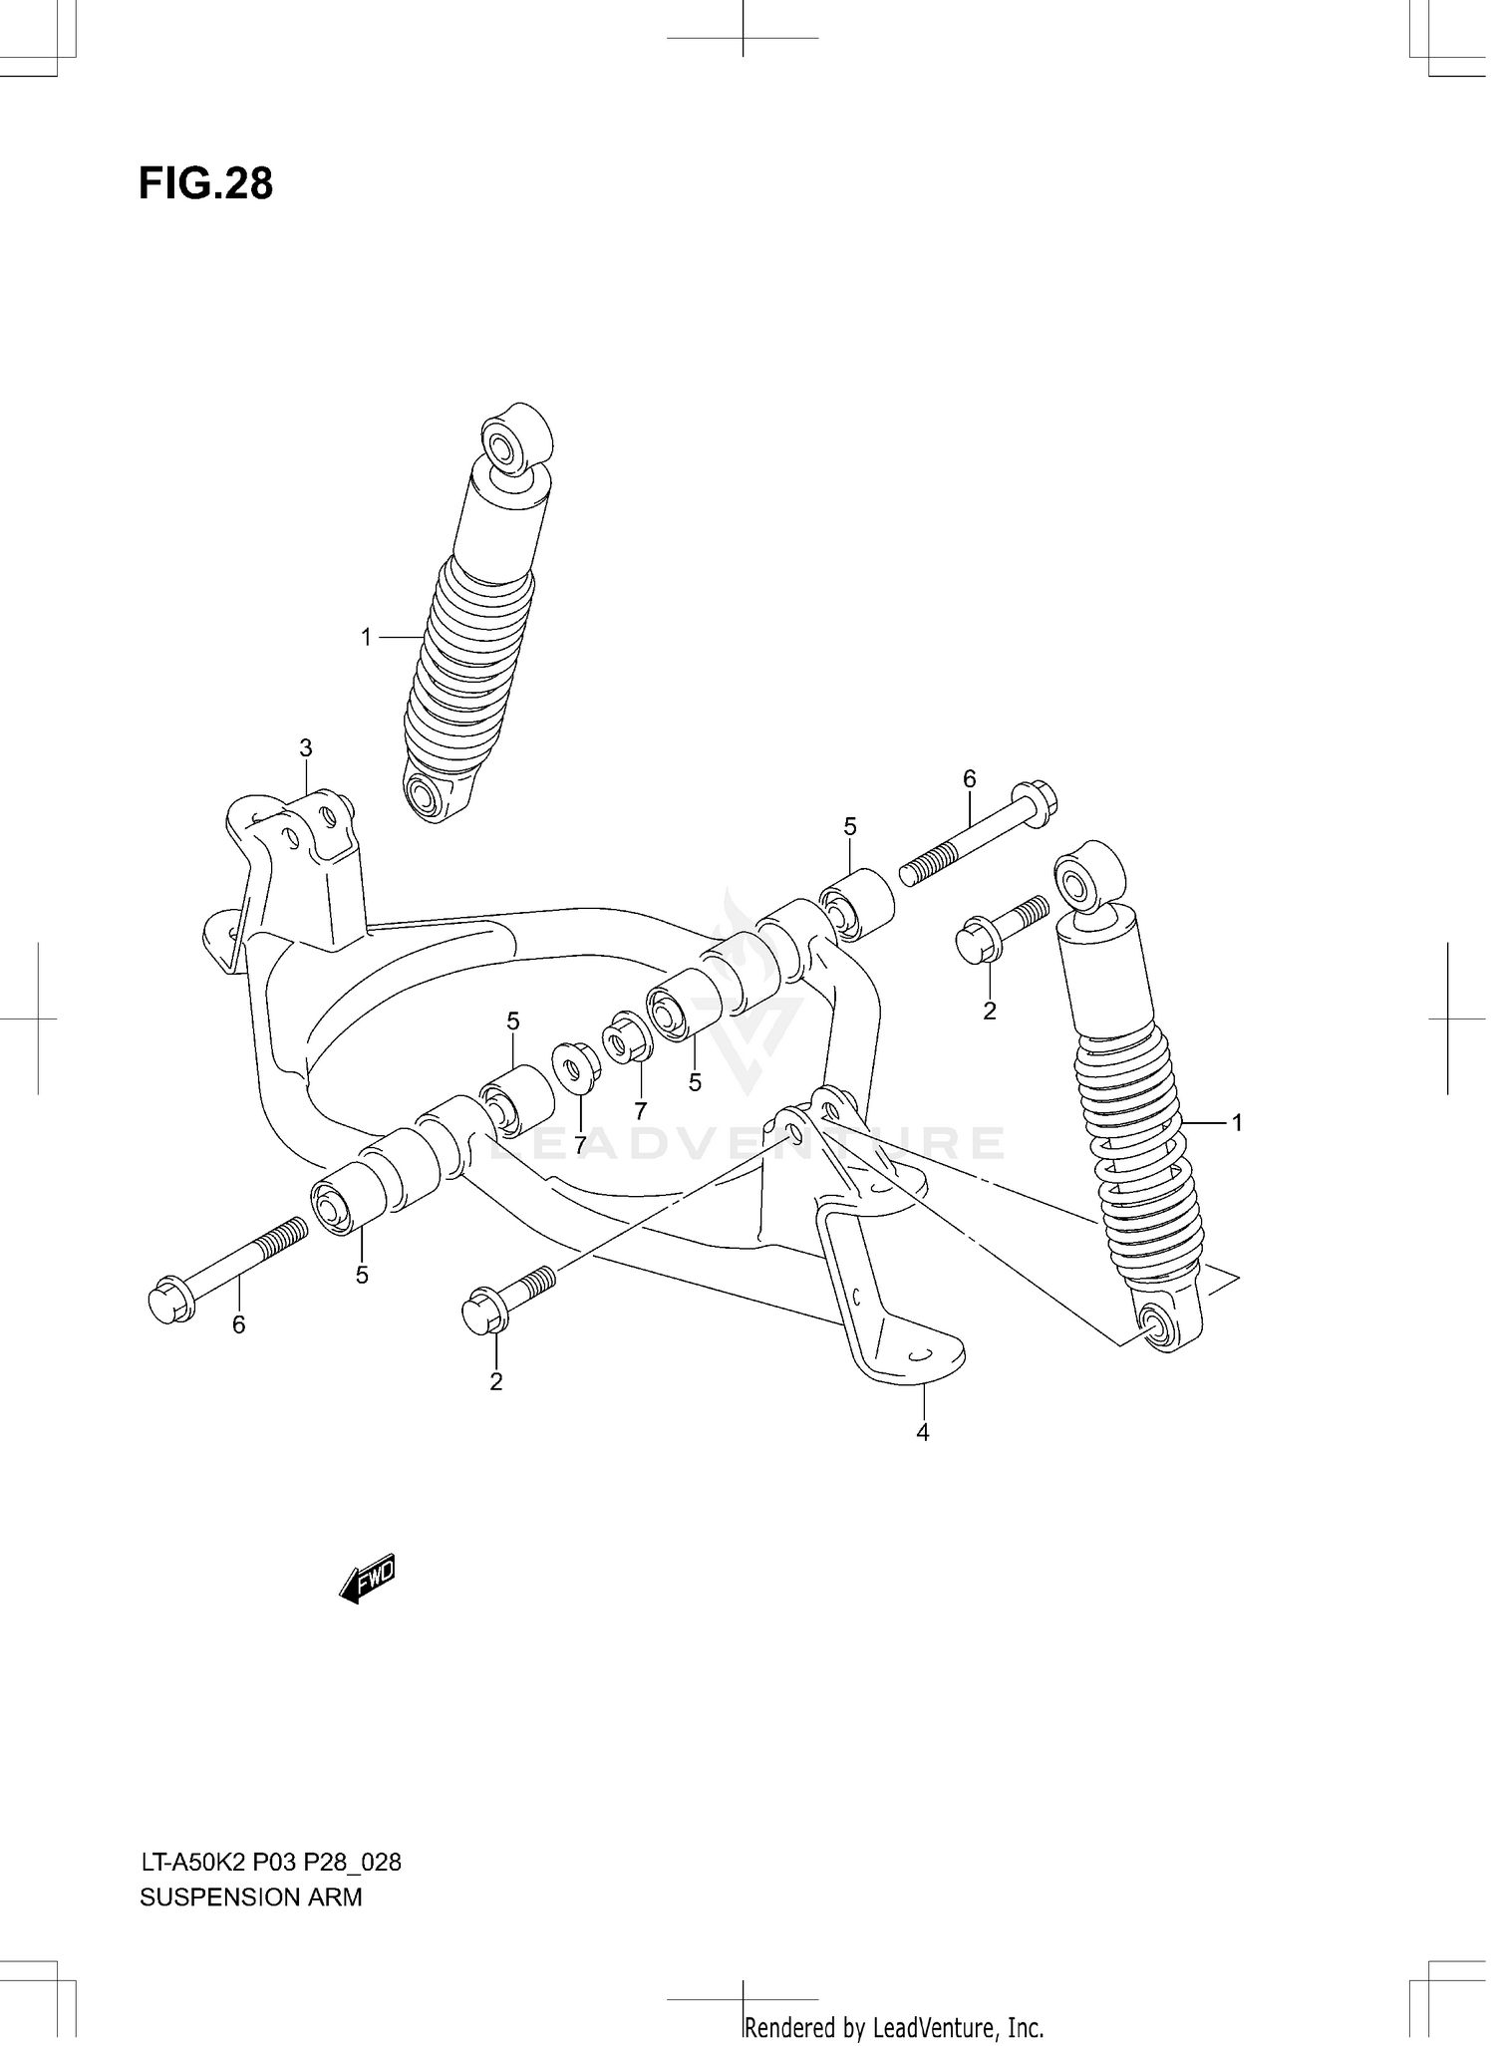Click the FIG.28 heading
point(205,184)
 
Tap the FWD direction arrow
point(368,1579)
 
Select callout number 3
point(306,747)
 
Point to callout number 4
point(923,1432)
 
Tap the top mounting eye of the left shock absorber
point(502,441)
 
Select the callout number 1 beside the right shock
point(1237,1123)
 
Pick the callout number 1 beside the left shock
point(366,637)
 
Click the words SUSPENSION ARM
point(250,1897)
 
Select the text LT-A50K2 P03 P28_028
point(270,1862)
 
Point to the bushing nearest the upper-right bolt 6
point(856,904)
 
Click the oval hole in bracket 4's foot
point(918,1353)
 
